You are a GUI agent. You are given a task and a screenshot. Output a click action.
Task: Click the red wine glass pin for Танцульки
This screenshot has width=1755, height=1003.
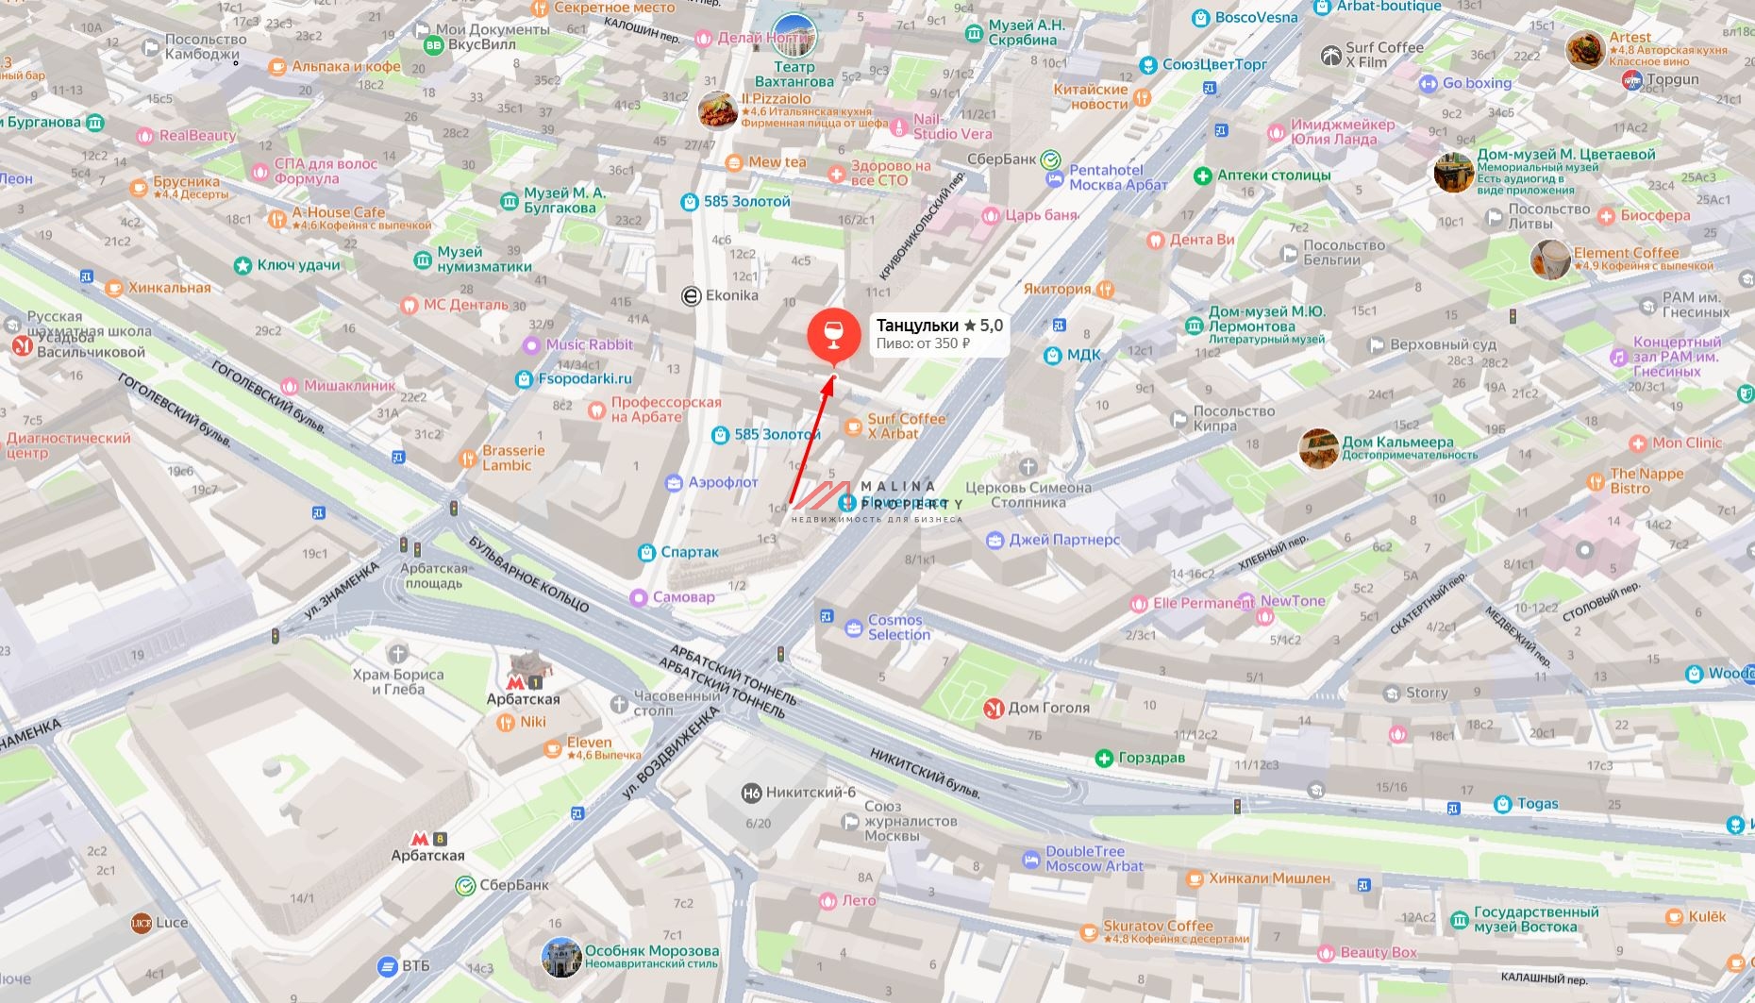833,336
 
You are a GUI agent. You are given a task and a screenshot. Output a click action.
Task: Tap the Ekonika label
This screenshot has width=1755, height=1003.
730,295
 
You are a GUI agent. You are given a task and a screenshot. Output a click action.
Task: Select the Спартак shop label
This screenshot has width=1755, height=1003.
689,552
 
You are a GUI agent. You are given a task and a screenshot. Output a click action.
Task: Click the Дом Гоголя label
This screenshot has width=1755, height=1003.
1047,708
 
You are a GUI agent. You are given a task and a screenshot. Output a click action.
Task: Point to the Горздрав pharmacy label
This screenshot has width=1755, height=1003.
1150,758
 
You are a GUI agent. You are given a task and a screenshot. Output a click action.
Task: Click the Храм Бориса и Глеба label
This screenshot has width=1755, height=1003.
397,681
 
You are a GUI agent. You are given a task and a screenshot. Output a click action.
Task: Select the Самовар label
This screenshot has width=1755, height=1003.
682,597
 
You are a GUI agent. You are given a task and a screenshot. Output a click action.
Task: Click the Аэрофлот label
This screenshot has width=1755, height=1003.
722,482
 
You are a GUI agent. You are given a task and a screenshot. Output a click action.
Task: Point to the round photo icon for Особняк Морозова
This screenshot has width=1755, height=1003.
561,957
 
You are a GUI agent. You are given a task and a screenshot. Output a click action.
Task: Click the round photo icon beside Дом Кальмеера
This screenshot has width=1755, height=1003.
1317,448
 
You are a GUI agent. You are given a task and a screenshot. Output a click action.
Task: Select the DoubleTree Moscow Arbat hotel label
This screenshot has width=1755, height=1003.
1093,859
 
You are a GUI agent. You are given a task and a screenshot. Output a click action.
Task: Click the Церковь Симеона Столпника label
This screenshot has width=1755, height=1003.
1028,494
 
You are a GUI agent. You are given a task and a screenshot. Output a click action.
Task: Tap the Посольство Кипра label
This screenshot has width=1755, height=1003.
1232,419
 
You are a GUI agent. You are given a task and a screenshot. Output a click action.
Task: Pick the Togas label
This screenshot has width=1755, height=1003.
1536,804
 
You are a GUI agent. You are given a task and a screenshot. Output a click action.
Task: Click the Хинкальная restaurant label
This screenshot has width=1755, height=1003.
169,288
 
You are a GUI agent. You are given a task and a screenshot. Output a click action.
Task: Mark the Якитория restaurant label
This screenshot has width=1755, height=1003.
1057,289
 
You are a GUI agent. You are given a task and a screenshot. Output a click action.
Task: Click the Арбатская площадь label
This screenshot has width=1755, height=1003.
433,576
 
